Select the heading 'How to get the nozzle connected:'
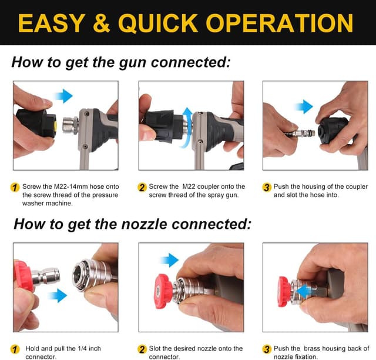coord(132,224)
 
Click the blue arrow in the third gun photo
coord(304,107)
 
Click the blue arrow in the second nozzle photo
coord(169,259)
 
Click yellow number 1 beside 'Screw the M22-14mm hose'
coord(15,187)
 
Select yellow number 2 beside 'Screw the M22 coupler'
coord(142,187)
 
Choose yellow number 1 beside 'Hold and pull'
coord(15,349)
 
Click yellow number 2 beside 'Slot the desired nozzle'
coord(142,349)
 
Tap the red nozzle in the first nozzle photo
coord(23,276)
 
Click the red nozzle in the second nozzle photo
coord(163,291)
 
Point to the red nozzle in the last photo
coord(284,292)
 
